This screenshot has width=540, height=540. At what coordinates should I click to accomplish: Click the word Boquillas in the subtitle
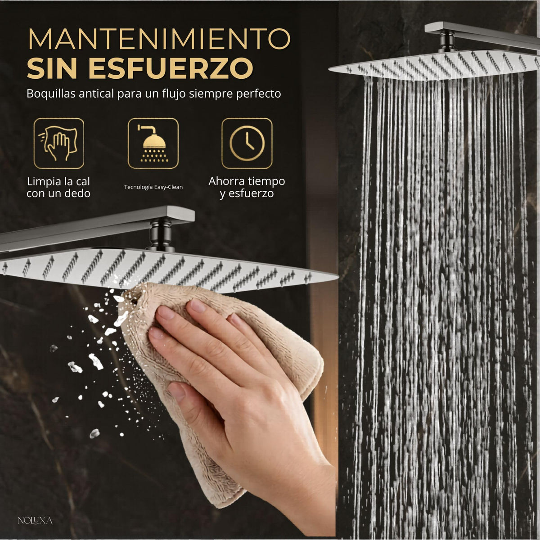(x=51, y=94)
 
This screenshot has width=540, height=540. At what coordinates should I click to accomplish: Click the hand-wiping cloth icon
(x=58, y=143)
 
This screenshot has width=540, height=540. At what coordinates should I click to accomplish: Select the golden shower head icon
(x=153, y=143)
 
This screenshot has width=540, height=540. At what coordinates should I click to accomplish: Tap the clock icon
(x=247, y=143)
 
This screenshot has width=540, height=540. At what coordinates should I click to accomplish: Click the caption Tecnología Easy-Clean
(x=153, y=187)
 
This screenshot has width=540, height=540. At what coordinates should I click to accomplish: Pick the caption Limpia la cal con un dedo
(x=58, y=188)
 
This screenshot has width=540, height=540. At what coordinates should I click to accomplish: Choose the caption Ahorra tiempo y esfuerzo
(x=247, y=188)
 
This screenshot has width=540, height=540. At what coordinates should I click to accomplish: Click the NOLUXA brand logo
(x=35, y=521)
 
